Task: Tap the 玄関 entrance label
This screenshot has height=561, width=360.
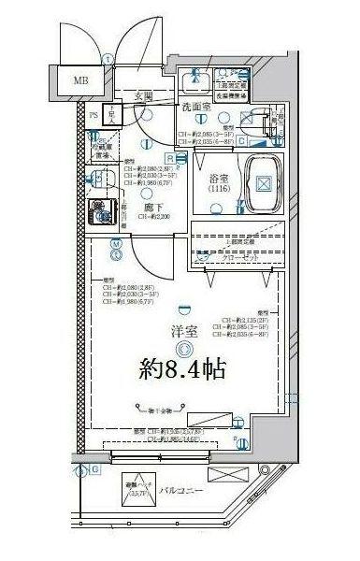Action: click(x=144, y=95)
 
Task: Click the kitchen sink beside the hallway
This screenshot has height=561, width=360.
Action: click(x=96, y=177)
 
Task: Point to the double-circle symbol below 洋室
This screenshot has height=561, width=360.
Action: click(x=184, y=350)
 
